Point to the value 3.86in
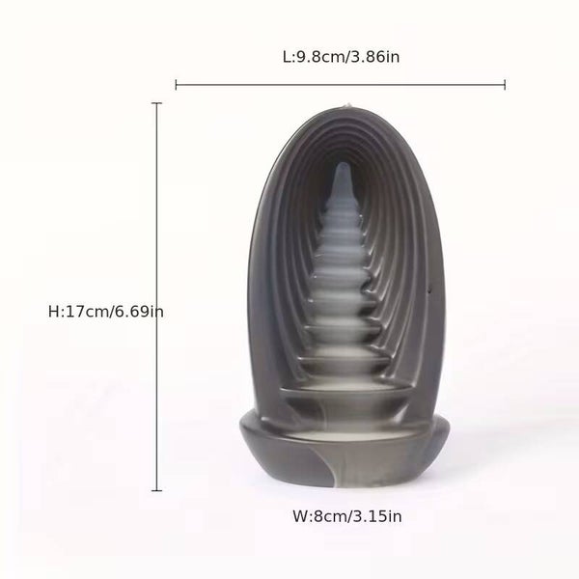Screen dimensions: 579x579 (x=376, y=57)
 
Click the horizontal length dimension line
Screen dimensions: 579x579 (x=341, y=85)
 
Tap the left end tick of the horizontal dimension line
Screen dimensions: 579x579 (x=177, y=85)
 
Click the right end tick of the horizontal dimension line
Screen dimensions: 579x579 (x=505, y=85)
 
